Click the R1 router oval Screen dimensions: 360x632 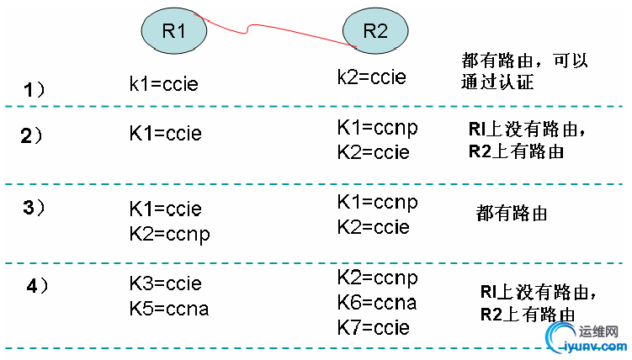point(173,31)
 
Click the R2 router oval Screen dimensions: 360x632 point(375,32)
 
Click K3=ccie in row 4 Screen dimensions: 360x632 point(165,283)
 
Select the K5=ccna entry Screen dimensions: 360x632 point(168,309)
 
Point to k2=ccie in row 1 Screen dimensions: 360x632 point(371,77)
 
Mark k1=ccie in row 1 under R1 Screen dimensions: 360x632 point(165,83)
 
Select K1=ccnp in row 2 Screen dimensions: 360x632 point(377,129)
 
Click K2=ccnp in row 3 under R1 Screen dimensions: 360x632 point(169,233)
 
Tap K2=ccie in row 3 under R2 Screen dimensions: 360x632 point(374,226)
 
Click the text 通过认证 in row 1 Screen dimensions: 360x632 point(498,82)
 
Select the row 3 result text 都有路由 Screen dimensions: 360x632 point(512,214)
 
